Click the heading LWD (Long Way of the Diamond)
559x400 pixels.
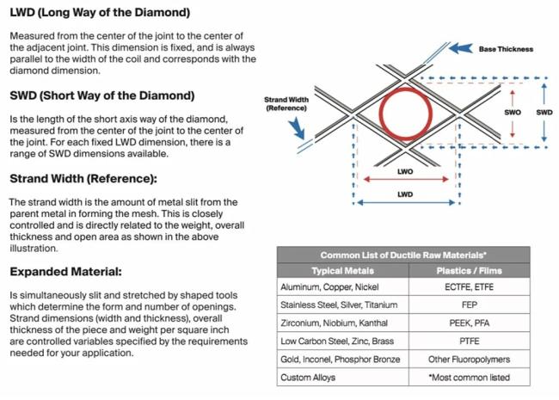(100, 14)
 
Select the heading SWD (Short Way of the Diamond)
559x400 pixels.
(102, 95)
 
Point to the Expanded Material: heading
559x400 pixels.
(65, 272)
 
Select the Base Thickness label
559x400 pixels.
(505, 49)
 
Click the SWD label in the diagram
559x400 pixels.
(544, 113)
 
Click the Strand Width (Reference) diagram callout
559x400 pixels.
(286, 104)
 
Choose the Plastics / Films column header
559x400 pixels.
(470, 271)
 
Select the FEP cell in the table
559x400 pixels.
(470, 305)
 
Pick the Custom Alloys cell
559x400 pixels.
(307, 377)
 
